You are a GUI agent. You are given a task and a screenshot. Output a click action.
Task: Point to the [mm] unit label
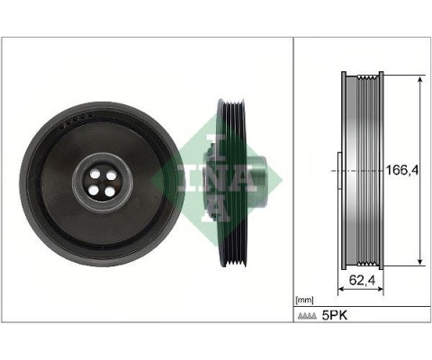click(304, 299)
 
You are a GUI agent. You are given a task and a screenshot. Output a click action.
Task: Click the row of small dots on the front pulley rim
click(71, 126)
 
